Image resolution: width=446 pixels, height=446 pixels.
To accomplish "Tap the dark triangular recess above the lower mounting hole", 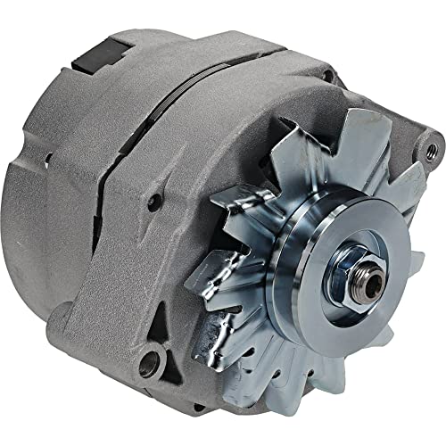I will pos(162,317).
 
